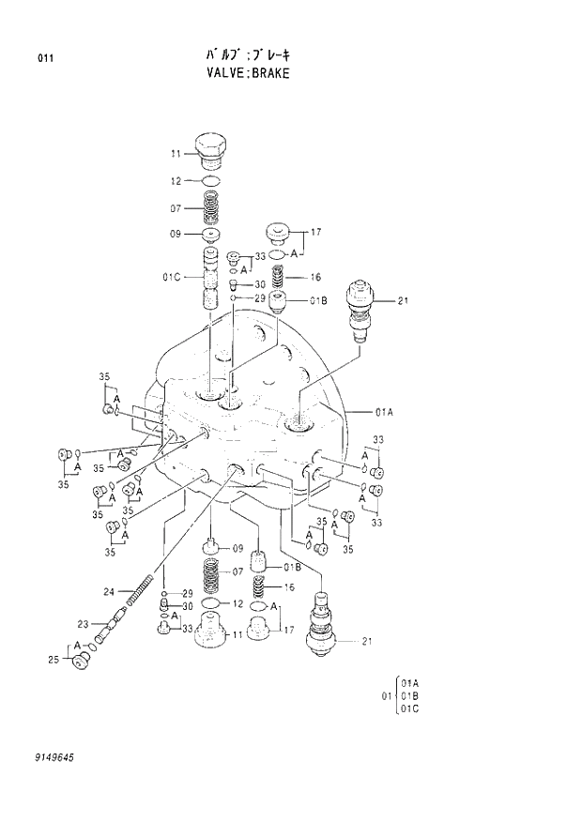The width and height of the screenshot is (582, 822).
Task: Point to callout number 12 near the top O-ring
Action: [176, 179]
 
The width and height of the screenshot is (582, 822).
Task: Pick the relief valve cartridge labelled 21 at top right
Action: [361, 305]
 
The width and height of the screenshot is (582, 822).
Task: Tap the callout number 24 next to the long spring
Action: [109, 591]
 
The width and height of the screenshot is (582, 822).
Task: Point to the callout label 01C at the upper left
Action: [171, 276]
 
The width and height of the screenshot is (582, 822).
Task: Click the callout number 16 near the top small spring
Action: [316, 277]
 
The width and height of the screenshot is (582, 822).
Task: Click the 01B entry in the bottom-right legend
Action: [410, 695]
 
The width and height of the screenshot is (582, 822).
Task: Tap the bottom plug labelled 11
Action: [212, 632]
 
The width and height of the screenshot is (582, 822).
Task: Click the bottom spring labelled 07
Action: [212, 573]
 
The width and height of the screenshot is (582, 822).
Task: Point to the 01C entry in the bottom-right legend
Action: [410, 708]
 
